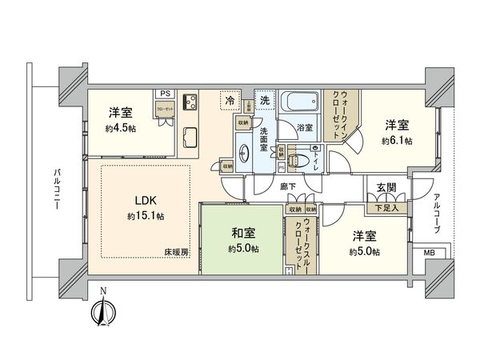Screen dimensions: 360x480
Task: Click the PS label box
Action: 163,93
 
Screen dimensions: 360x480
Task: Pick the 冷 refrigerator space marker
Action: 230,102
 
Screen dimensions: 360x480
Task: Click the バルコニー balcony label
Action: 58,190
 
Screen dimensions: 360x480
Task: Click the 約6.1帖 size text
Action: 397,141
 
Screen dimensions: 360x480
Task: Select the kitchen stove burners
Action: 192,102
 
